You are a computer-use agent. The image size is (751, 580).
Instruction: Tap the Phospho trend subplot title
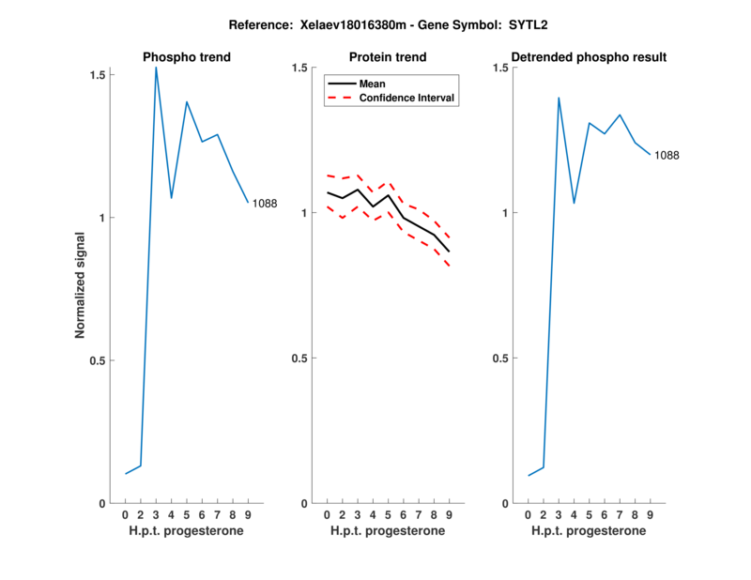pos(187,57)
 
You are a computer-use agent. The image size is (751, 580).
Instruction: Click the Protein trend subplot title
pos(388,57)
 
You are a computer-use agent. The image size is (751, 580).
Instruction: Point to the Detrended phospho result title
pos(589,57)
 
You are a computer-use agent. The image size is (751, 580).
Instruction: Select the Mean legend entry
pos(373,84)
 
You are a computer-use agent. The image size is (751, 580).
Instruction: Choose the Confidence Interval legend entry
pos(407,98)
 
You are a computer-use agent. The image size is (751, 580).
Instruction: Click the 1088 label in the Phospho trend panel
pos(265,203)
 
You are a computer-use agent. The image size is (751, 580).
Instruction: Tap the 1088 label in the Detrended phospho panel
pos(667,155)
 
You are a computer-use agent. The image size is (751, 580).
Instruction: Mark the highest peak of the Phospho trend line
pos(156,68)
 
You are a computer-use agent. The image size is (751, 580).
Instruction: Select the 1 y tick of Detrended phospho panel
pos(505,213)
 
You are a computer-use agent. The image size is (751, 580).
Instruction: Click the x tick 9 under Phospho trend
pos(248,515)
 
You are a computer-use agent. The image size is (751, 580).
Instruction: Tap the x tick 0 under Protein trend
pos(327,515)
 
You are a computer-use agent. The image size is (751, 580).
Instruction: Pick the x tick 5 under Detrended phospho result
pos(589,515)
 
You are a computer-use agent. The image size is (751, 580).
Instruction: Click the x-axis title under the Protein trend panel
pos(388,531)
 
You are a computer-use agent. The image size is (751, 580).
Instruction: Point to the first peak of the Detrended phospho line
pos(559,98)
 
